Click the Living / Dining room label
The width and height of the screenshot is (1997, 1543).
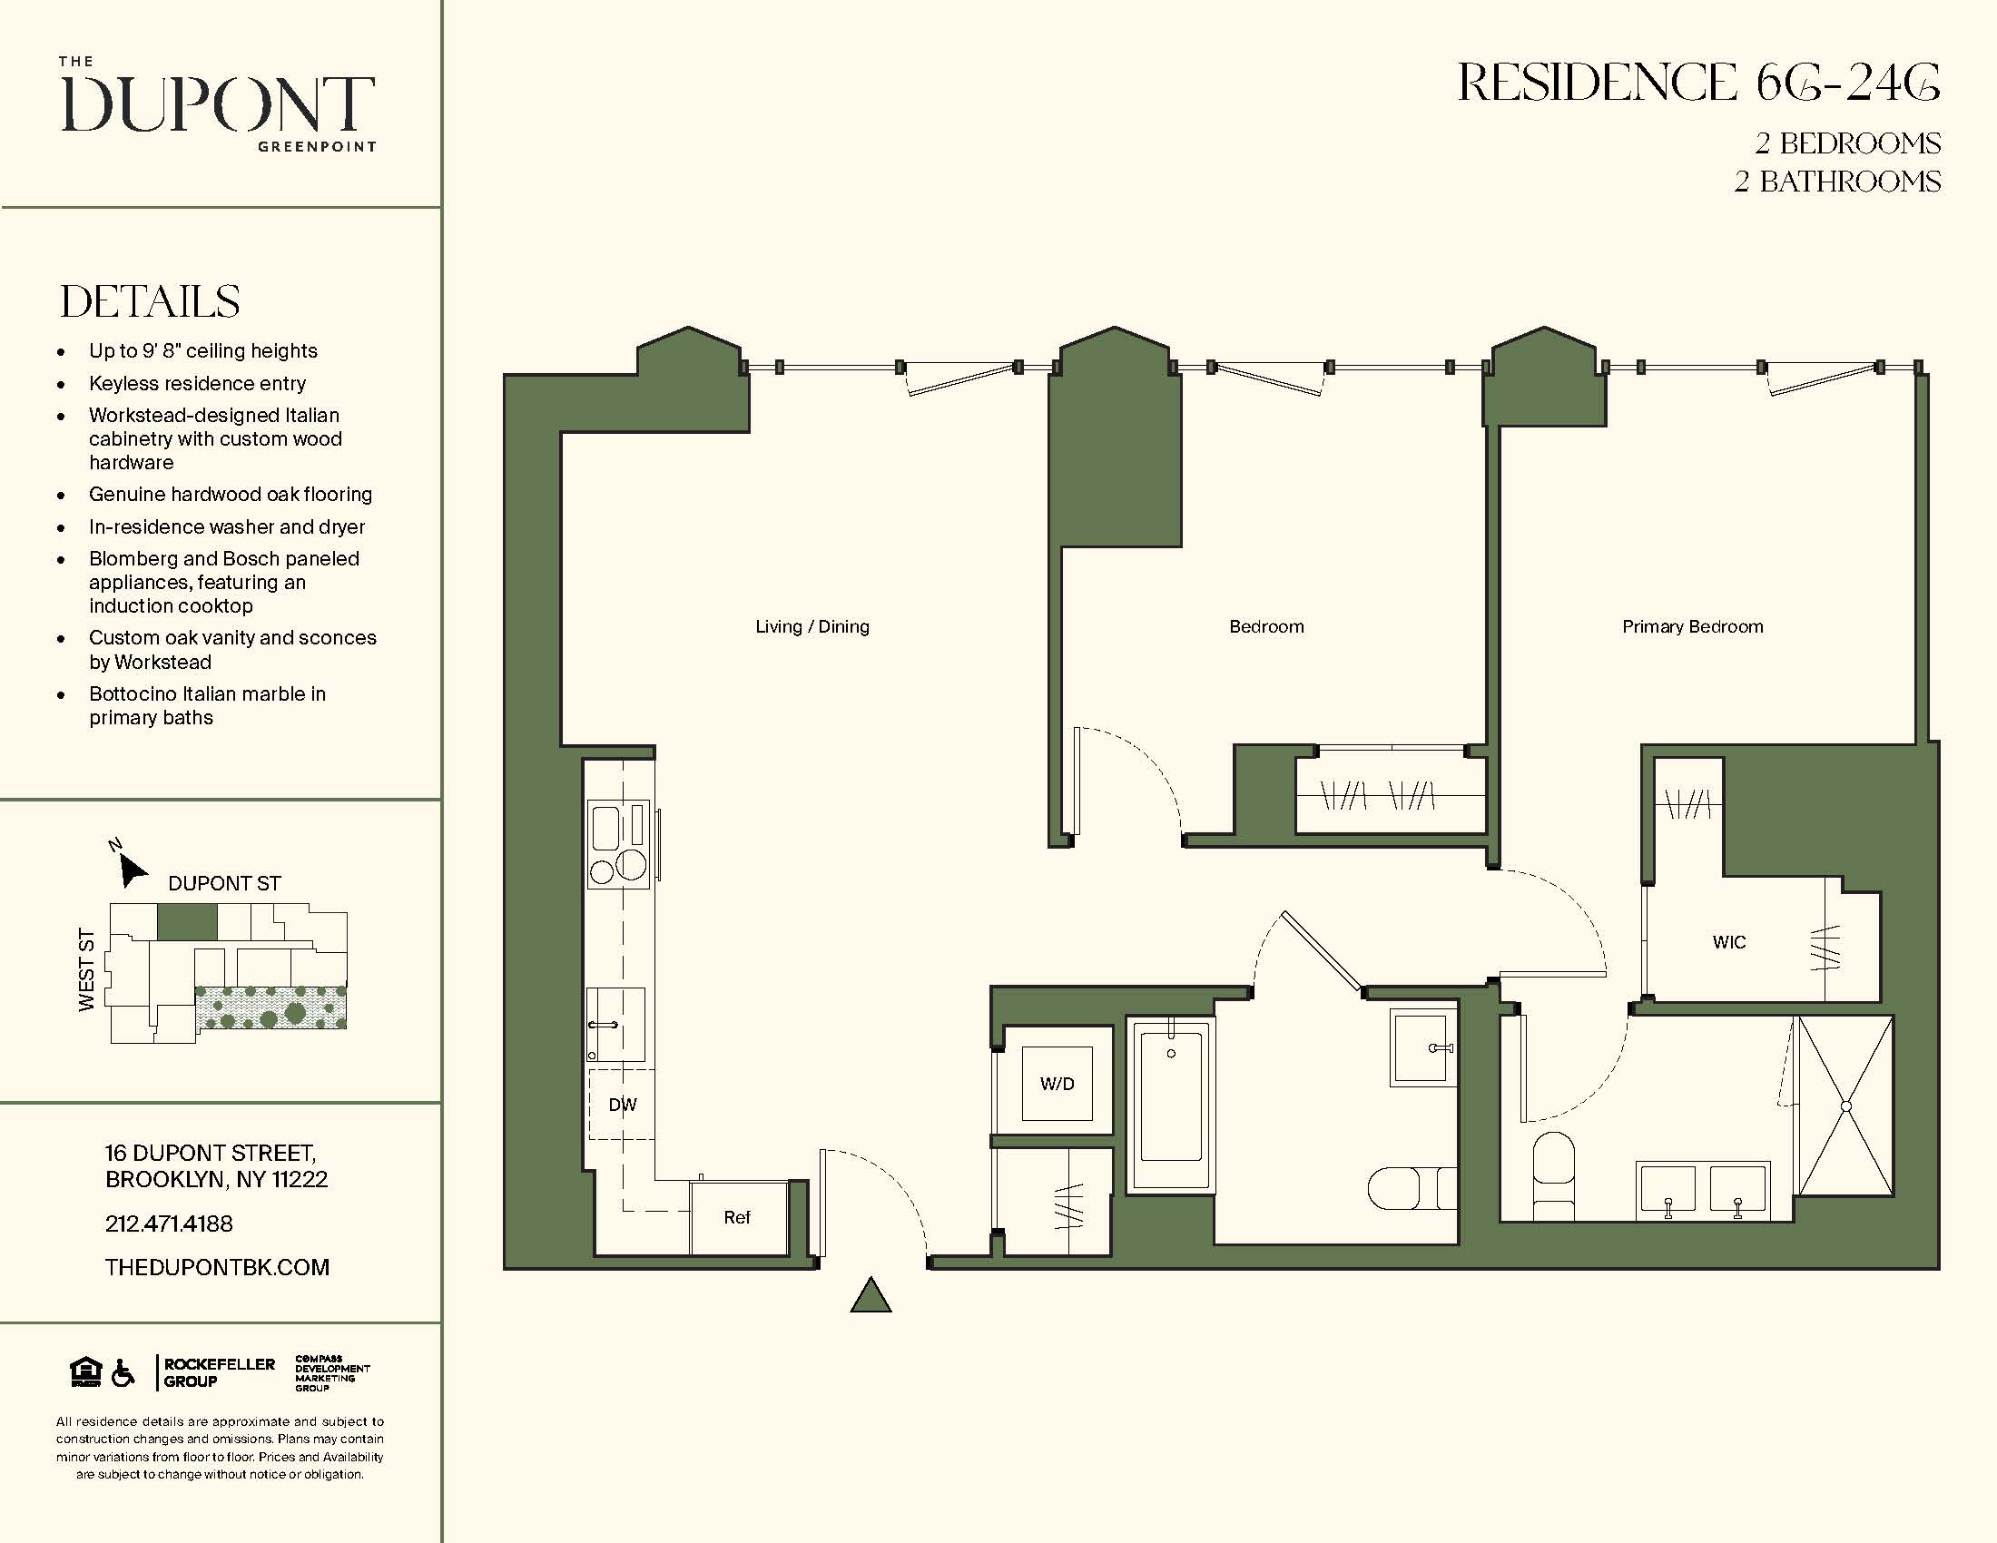pos(812,627)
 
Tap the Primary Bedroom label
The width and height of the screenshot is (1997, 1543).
pos(1692,627)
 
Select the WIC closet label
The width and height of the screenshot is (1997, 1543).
pos(1728,942)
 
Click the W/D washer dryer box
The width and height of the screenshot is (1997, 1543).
pos(1057,1084)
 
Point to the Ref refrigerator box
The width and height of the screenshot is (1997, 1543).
pos(737,1217)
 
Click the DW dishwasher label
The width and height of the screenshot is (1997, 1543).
pos(623,1106)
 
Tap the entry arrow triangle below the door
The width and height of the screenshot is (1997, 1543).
pos(871,1296)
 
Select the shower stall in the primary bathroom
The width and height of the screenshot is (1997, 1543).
pos(1845,1106)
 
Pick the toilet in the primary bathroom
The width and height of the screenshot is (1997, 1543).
pos(1552,1174)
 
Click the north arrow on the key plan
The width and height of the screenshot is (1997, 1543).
pos(132,869)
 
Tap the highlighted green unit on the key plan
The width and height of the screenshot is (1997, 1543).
pos(188,922)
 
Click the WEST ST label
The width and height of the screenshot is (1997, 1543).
pos(87,969)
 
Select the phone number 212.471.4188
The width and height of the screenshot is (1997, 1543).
pos(169,1224)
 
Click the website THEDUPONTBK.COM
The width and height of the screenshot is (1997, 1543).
pos(217,1267)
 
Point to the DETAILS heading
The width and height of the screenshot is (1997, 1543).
pos(150,301)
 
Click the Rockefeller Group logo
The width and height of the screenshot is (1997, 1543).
pos(218,1372)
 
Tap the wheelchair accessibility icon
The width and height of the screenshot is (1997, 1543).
pos(123,1373)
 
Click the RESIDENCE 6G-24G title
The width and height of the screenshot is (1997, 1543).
pos(1697,84)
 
